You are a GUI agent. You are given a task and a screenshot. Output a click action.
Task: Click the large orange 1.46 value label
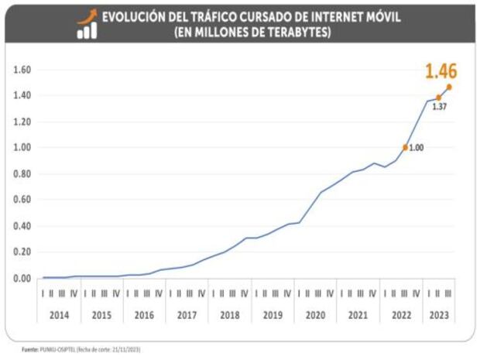[441, 73]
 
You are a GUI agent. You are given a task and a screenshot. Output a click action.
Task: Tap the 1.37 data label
[439, 107]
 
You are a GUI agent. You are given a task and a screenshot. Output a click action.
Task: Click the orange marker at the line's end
[450, 87]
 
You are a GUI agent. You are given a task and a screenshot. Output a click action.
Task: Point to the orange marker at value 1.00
[405, 147]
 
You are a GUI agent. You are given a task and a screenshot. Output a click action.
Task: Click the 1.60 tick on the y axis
[21, 70]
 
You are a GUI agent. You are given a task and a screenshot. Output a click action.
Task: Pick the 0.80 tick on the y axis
[21, 173]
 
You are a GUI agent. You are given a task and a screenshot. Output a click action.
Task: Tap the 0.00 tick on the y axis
[21, 278]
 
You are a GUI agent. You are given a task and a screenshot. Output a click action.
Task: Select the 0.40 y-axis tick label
[21, 226]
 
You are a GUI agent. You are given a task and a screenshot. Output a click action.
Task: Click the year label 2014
[59, 316]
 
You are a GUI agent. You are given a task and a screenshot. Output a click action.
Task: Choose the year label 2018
[229, 316]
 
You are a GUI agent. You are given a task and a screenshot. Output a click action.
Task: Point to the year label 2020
[314, 316]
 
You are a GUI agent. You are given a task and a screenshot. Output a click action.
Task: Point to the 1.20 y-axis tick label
[21, 122]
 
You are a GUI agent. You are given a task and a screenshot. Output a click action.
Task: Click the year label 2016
[144, 316]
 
